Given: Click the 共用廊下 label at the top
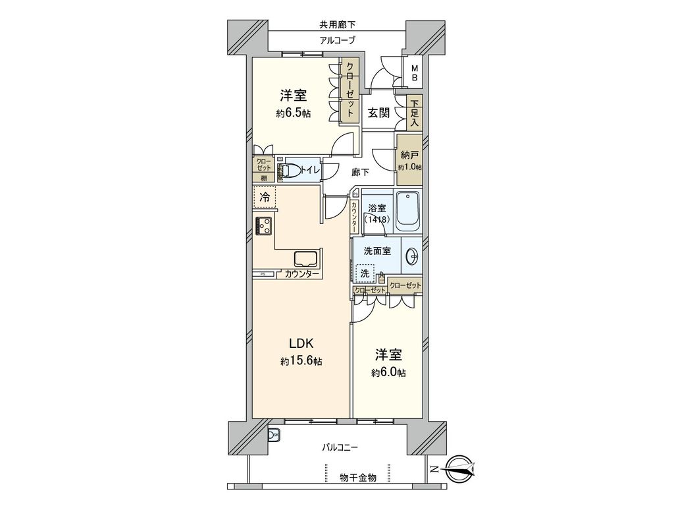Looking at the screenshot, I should click(x=337, y=26).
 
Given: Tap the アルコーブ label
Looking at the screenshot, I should click(x=337, y=41).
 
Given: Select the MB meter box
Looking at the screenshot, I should click(x=415, y=73).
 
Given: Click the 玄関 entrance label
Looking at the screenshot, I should click(x=378, y=113).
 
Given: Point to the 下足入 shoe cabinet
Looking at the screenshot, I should click(x=414, y=113).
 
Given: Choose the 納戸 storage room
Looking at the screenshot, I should click(x=409, y=161).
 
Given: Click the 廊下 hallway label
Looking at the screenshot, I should click(x=360, y=173).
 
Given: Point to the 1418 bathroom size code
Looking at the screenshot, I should click(x=378, y=220).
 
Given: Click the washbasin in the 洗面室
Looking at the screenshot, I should click(x=413, y=257).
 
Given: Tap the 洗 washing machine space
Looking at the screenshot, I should click(x=364, y=273).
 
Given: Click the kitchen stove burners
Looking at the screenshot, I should click(x=265, y=226).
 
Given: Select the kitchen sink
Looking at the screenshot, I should click(x=306, y=258).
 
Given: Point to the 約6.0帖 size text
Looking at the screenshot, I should click(x=388, y=373).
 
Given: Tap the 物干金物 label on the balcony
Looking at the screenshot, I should click(x=358, y=477).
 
